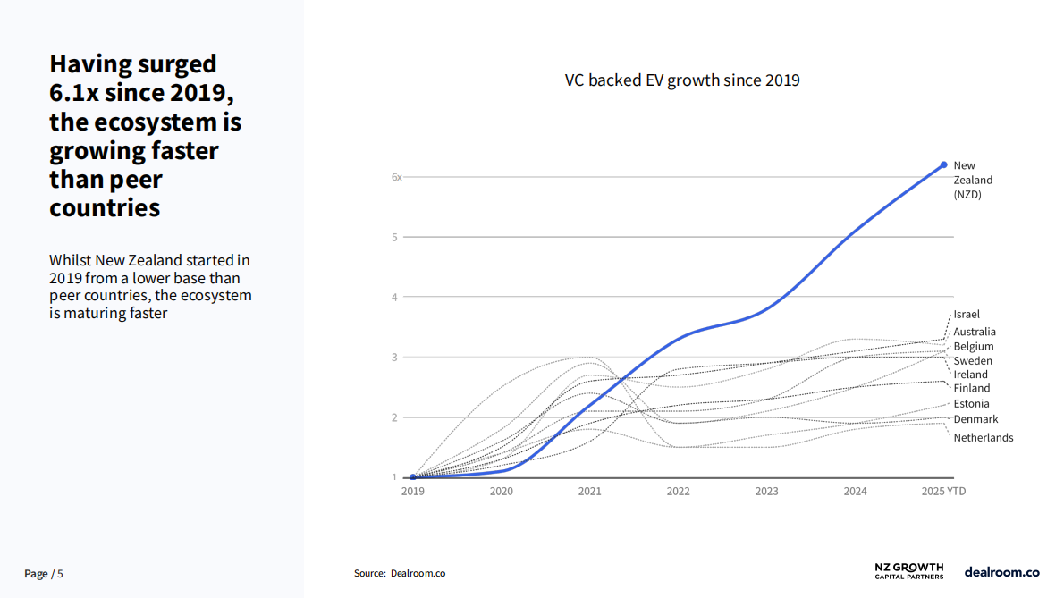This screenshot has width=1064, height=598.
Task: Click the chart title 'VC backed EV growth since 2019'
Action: click(x=682, y=80)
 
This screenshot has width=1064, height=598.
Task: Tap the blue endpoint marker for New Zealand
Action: click(x=943, y=164)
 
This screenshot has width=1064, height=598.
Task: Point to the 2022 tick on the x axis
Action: click(x=678, y=491)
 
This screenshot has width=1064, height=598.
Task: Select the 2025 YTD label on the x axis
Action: click(x=943, y=491)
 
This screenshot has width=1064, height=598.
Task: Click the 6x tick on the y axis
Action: click(x=396, y=177)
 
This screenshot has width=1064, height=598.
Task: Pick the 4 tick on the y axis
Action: click(x=394, y=297)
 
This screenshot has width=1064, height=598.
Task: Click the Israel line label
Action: click(x=967, y=314)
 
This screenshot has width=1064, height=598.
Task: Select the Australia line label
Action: click(x=975, y=332)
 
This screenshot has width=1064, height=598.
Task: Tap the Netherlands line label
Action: click(x=984, y=437)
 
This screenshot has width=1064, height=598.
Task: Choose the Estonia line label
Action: click(x=971, y=403)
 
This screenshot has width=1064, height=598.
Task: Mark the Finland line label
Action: click(x=972, y=388)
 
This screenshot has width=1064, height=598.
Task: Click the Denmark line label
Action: click(x=975, y=419)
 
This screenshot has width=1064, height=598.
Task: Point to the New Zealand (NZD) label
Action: click(x=973, y=180)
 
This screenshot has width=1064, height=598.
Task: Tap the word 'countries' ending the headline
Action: click(x=105, y=207)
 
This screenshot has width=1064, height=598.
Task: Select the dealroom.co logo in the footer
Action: click(x=1001, y=571)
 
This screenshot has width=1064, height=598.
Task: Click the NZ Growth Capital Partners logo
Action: click(x=908, y=571)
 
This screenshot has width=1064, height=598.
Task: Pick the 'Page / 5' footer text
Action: click(x=44, y=574)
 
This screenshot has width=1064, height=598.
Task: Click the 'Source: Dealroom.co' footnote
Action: click(x=400, y=573)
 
